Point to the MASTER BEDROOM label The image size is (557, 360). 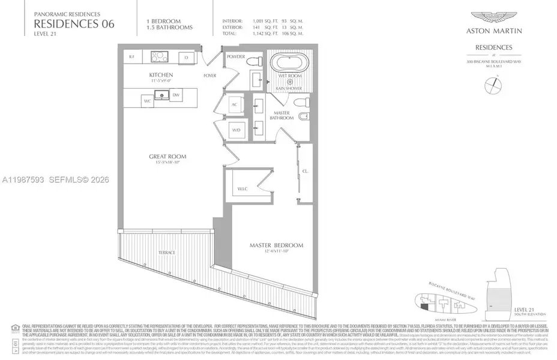pyautogui.click(x=277, y=245)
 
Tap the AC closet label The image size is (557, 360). pyautogui.click(x=235, y=104)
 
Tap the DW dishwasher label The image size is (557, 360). pyautogui.click(x=176, y=95)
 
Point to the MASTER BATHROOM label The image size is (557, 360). pyautogui.click(x=282, y=115)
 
